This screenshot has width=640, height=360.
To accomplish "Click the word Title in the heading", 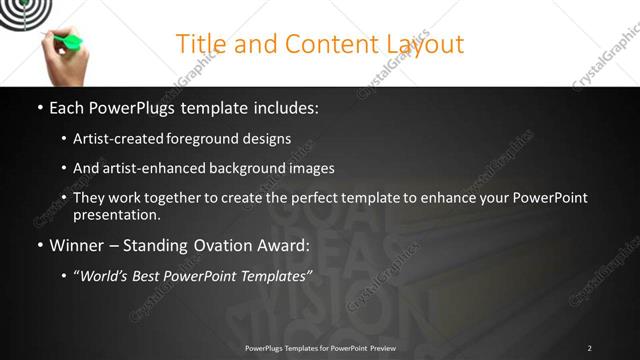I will [200, 44].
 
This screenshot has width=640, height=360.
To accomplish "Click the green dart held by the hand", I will [67, 41].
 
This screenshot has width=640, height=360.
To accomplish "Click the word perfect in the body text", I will [332, 198].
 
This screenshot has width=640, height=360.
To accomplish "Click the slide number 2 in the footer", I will [589, 348].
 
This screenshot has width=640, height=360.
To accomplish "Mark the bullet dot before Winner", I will [39, 245].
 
